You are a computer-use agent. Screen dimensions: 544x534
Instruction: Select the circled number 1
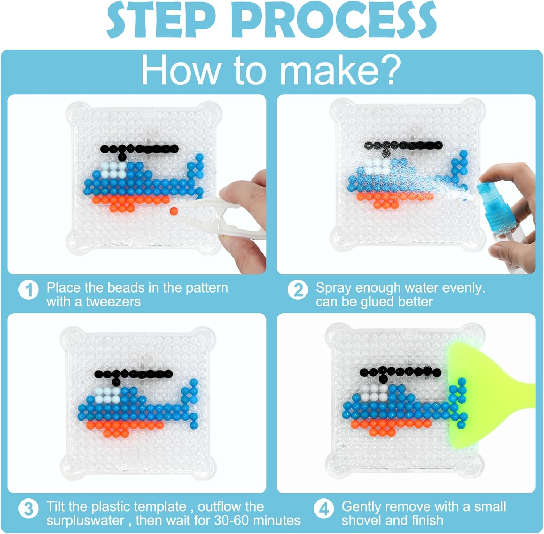pyautogui.click(x=29, y=290)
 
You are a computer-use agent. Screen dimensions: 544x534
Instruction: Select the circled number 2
pyautogui.click(x=298, y=290)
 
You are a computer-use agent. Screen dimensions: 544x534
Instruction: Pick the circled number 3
pyautogui.click(x=29, y=509)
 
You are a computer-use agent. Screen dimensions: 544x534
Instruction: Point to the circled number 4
pyautogui.click(x=324, y=509)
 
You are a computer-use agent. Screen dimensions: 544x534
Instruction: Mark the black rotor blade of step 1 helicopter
pyautogui.click(x=140, y=148)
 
